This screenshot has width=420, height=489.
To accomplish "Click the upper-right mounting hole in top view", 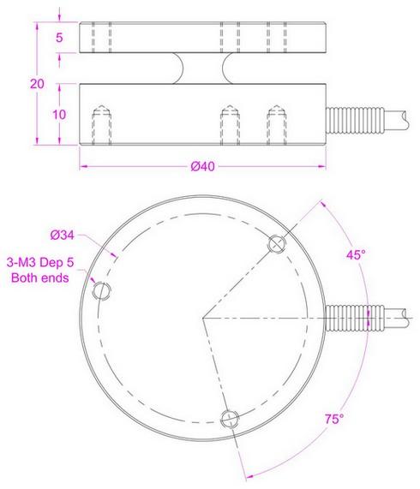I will coord(276,244).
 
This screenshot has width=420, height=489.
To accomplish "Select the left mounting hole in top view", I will coord(102,290).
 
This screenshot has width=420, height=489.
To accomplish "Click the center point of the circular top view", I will coord(202,319).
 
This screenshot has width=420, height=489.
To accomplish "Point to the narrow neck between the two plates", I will coord(202,68).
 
